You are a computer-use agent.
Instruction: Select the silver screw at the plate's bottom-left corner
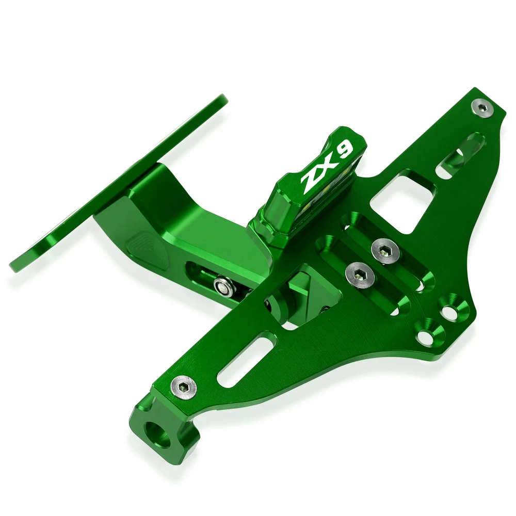pos(184,385)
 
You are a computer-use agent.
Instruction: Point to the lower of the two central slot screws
pos(360,274)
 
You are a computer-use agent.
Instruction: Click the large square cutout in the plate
pos(403,199)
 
